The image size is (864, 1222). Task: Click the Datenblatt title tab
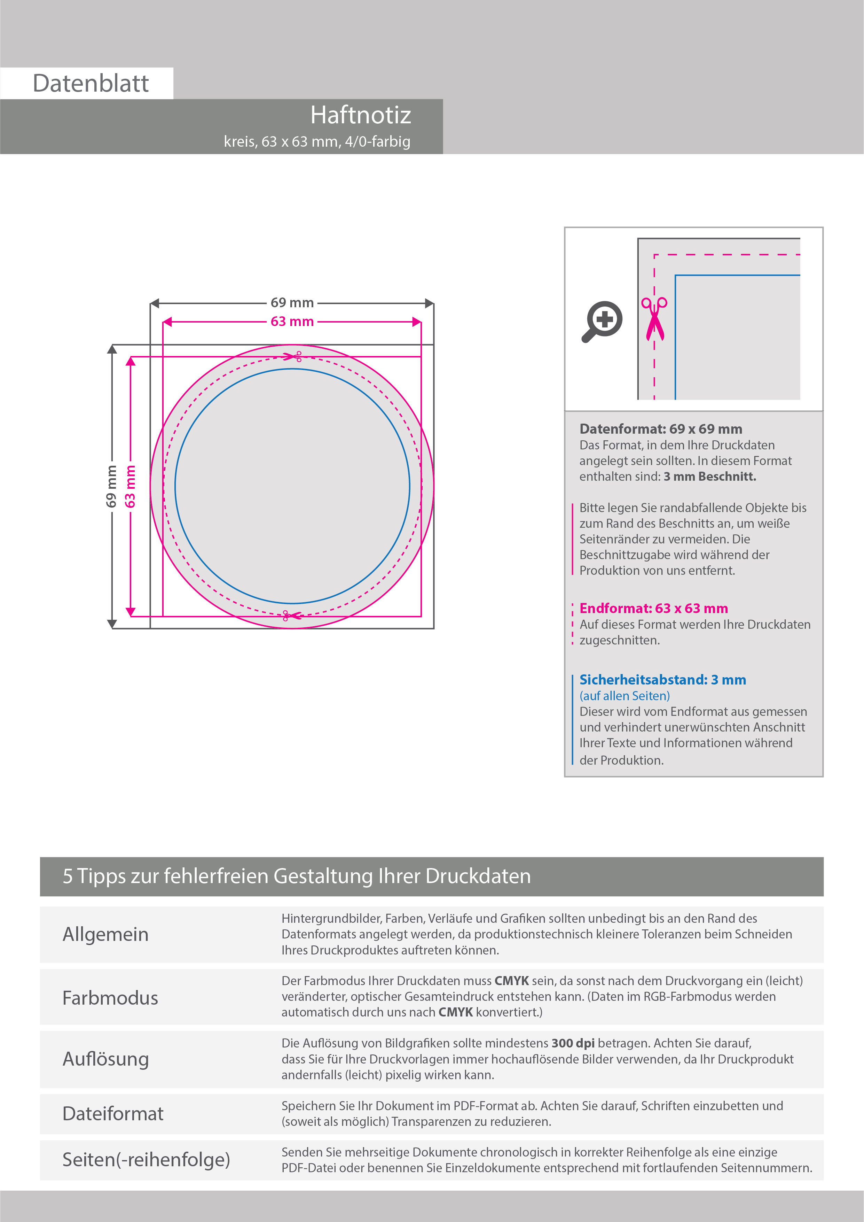pos(91,83)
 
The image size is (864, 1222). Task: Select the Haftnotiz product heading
pos(360,115)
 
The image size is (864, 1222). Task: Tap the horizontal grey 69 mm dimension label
pos(292,303)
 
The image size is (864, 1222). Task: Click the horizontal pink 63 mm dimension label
pos(292,322)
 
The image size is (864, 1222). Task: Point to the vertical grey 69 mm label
pos(111,486)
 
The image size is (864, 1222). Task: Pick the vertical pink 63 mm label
pos(130,486)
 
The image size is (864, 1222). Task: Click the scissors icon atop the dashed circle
pos(293,356)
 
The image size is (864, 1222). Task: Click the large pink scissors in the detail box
pos(654,318)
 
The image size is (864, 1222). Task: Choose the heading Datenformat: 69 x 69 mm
pos(660,429)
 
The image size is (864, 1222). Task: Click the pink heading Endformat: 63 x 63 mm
pos(653,608)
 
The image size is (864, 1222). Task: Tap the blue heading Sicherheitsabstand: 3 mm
pos(662,680)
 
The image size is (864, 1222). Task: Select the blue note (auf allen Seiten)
pos(625,696)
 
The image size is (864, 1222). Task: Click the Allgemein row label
pos(105,934)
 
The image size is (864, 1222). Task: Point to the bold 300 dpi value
pos(573,1043)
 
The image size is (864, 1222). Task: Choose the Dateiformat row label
pos(113,1113)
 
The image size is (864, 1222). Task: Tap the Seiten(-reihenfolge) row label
pos(146,1159)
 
